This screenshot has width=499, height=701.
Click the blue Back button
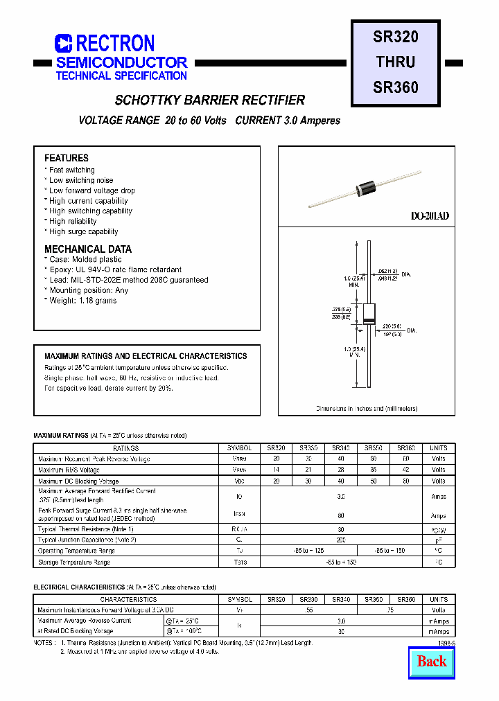pos(432,661)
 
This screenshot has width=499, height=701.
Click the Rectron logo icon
pos(64,44)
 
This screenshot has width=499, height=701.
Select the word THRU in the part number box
pos(396,62)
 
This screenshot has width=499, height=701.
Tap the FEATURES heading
pos(67,158)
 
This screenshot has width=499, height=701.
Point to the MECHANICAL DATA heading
pos(88,249)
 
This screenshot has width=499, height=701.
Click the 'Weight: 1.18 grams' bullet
pos(82,301)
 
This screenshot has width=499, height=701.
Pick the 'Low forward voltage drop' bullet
pos(91,190)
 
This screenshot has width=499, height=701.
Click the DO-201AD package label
pos(430,216)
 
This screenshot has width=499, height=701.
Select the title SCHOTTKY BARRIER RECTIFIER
pos(210,100)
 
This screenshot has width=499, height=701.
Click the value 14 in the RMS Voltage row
pos(277,470)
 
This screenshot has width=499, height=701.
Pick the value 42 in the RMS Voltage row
pos(405,470)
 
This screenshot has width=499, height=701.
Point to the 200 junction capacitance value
pos(340,539)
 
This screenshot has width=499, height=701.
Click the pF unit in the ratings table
pos(439,539)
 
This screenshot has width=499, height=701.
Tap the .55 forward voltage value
pos(308,610)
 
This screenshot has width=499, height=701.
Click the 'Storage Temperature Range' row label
pos(74,562)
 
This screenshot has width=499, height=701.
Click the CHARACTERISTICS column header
pos(128,599)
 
